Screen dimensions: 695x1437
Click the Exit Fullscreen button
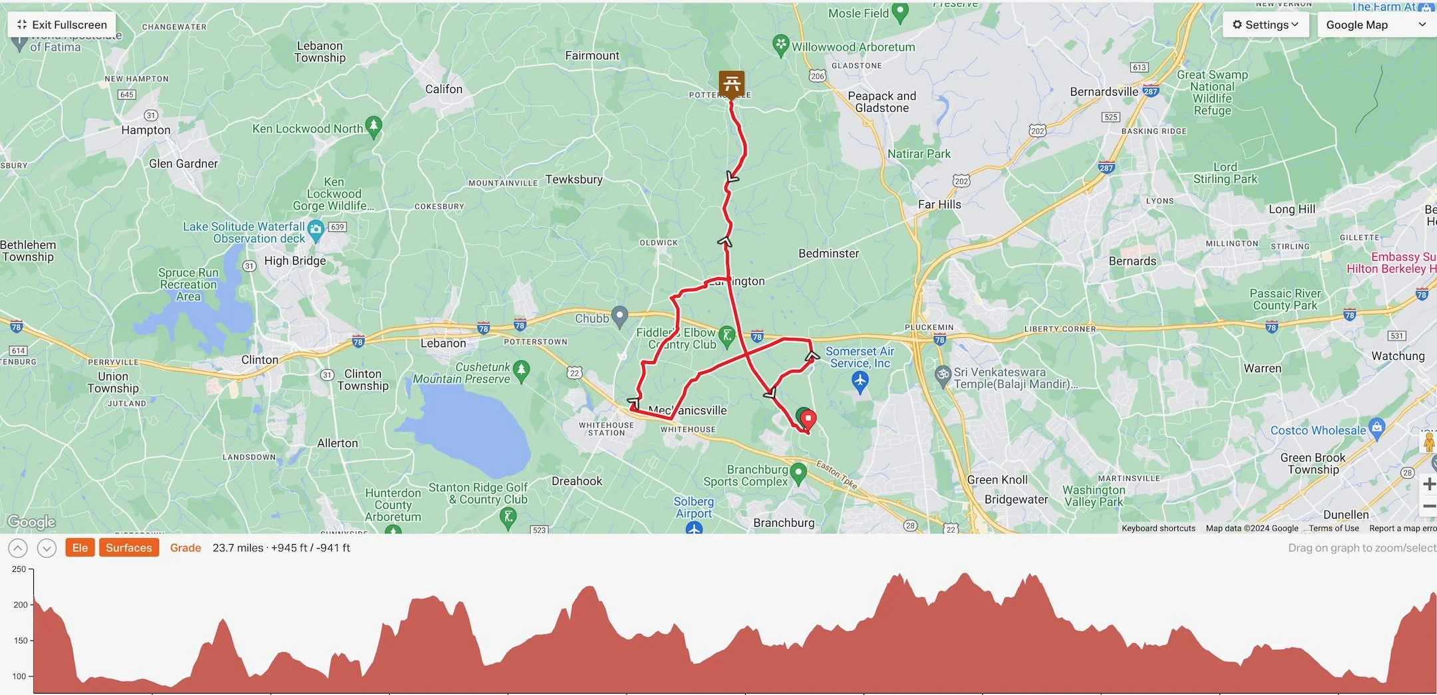[x=61, y=25]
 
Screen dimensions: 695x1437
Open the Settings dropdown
[x=1265, y=25]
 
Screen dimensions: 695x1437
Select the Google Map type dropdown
[x=1375, y=25]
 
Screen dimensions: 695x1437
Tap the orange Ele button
[x=80, y=547]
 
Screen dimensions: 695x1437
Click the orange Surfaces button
[x=128, y=547]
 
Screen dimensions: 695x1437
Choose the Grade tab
[x=186, y=547]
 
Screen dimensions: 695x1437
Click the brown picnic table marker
[x=731, y=84]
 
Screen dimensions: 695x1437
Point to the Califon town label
[x=444, y=89]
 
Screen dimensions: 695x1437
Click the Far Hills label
[x=939, y=205]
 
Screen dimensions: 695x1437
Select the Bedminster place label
[x=828, y=253]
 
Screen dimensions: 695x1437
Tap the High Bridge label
[x=295, y=261]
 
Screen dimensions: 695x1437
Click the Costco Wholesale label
[x=1317, y=430]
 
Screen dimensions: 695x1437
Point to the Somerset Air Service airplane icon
[x=860, y=382]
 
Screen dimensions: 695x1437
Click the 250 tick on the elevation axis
[x=19, y=569]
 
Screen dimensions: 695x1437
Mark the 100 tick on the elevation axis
[x=19, y=676]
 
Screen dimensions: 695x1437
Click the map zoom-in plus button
[x=1428, y=484]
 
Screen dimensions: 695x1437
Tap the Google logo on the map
[x=31, y=522]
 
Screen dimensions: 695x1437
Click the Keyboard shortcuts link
[x=1158, y=528]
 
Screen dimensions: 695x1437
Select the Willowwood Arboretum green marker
[x=780, y=45]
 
